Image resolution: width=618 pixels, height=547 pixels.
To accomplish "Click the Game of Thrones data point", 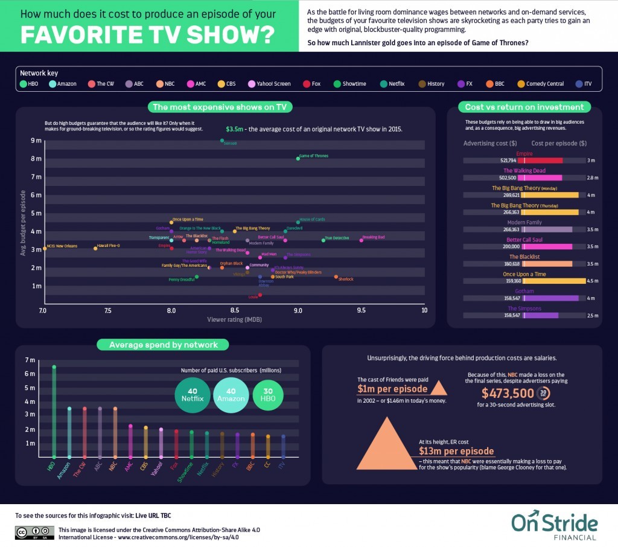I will pyautogui.click(x=298, y=158).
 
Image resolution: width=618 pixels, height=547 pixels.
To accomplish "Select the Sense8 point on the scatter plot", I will pyautogui.click(x=222, y=140).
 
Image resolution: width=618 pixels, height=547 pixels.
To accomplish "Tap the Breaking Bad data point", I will pyautogui.click(x=362, y=240).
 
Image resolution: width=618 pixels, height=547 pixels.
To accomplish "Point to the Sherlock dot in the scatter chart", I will pyautogui.click(x=336, y=277).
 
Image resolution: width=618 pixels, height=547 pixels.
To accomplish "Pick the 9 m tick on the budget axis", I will pyautogui.click(x=36, y=141).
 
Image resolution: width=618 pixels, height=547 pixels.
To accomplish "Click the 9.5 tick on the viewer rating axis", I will pyautogui.click(x=361, y=310).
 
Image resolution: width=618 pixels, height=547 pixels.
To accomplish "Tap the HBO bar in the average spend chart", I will pyautogui.click(x=54, y=412).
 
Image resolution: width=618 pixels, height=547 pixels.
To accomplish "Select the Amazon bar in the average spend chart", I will pyautogui.click(x=69, y=432).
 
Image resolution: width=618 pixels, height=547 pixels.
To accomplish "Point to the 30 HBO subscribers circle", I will pyautogui.click(x=267, y=394).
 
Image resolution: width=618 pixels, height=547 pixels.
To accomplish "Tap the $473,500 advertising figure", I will pyautogui.click(x=508, y=393).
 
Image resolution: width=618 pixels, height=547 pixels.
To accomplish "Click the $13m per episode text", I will pyautogui.click(x=456, y=451).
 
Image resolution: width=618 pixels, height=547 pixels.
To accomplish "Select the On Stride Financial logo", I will pyautogui.click(x=554, y=526).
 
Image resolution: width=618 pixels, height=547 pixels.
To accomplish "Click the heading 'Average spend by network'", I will pyautogui.click(x=163, y=345).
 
